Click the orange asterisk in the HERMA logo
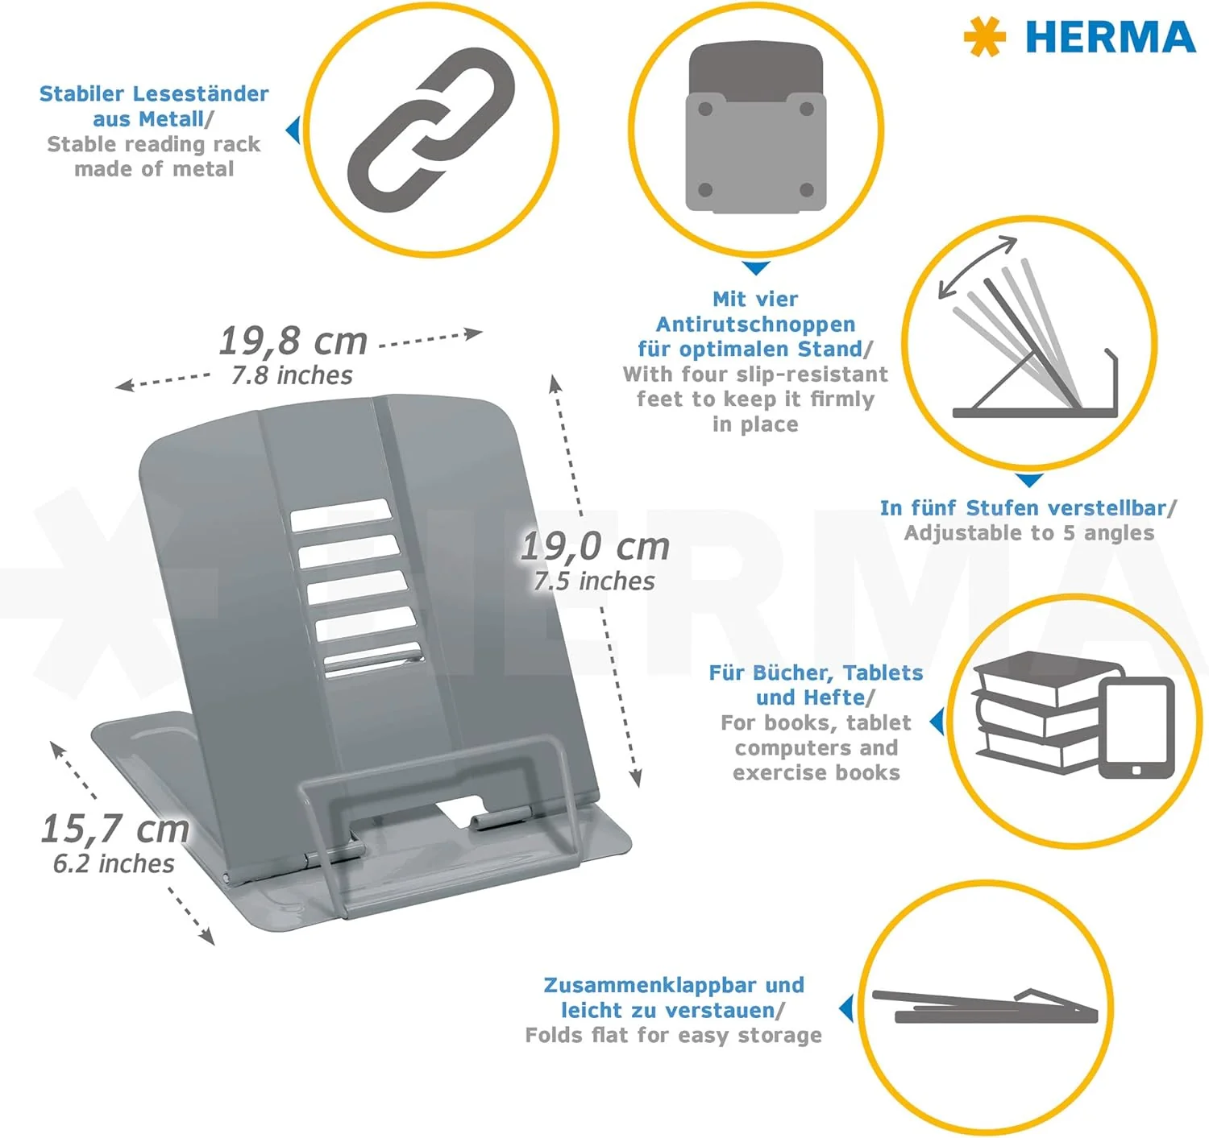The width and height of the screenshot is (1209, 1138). tap(984, 37)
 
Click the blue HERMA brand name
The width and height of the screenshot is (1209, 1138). tap(1111, 38)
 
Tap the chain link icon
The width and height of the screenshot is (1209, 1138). tap(431, 130)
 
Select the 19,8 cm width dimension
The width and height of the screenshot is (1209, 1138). tap(293, 341)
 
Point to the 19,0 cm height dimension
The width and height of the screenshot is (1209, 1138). tap(595, 546)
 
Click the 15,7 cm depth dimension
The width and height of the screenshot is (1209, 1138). tap(114, 828)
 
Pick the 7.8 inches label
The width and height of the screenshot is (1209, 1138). tap(293, 375)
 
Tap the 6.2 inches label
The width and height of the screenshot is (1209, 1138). tap(114, 863)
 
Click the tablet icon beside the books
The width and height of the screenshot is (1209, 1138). tap(1136, 727)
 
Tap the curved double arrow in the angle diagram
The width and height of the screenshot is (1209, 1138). tap(976, 266)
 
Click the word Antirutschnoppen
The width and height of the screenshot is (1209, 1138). tap(755, 325)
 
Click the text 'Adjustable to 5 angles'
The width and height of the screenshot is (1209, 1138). tap(1028, 533)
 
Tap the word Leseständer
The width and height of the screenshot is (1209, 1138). tap(201, 93)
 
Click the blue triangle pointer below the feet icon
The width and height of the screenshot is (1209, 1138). tap(756, 267)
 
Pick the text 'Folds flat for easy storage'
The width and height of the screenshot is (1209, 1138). tap(673, 1035)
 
